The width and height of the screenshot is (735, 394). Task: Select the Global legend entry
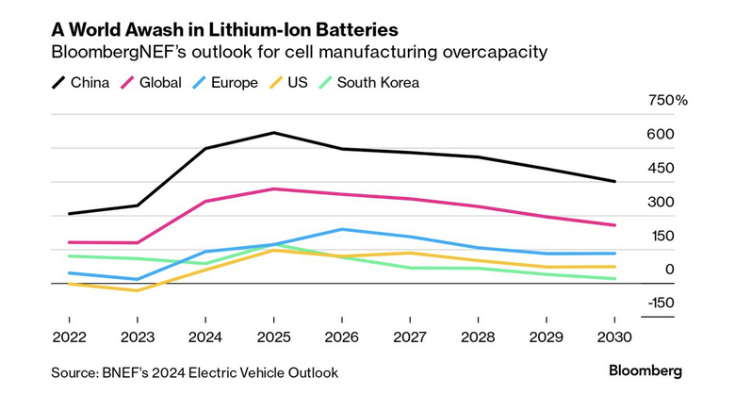point(152,82)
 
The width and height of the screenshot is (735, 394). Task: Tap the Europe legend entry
point(225,82)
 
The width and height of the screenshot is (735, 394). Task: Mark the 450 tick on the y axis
point(661,168)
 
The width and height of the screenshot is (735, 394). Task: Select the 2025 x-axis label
point(273,336)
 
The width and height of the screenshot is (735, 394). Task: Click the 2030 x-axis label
point(614,336)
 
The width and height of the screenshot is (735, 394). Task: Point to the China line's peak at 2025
point(273,133)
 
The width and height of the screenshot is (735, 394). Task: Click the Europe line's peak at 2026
point(341,229)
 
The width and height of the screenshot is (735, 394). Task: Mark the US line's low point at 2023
point(137,290)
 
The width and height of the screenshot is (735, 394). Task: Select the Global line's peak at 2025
point(273,189)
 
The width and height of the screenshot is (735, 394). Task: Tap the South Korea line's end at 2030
point(614,279)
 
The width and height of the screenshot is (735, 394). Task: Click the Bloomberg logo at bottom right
point(645,371)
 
